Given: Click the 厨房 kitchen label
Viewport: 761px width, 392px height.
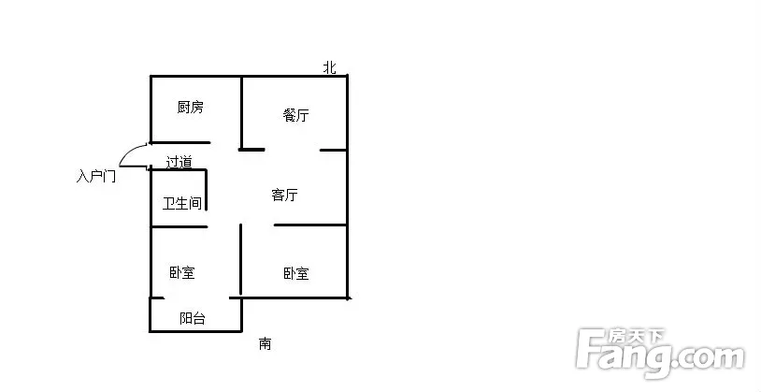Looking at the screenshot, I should pyautogui.click(x=190, y=108).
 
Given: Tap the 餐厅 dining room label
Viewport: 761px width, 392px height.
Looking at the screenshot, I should pyautogui.click(x=296, y=116).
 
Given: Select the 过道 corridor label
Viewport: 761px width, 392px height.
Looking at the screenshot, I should pyautogui.click(x=179, y=162).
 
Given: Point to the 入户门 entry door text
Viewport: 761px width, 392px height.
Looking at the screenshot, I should pyautogui.click(x=96, y=176).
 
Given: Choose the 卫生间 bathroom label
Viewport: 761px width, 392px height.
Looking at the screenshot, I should pyautogui.click(x=182, y=203).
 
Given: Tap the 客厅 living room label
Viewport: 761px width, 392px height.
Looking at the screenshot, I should pyautogui.click(x=284, y=196).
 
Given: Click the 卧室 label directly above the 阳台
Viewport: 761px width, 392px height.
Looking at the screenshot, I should pyautogui.click(x=182, y=273).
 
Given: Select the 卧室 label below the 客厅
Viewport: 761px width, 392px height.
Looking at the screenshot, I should pyautogui.click(x=296, y=274).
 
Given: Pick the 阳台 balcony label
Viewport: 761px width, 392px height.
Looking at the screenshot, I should pyautogui.click(x=193, y=319).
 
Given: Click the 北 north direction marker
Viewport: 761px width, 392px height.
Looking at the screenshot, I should pyautogui.click(x=329, y=67).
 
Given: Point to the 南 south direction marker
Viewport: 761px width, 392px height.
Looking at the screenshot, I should pyautogui.click(x=266, y=344).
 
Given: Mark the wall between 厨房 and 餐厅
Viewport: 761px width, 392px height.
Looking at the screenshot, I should pyautogui.click(x=242, y=110).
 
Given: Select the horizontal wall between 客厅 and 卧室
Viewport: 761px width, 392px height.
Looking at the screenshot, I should pyautogui.click(x=310, y=225).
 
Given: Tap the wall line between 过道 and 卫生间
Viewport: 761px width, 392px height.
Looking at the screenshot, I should pyautogui.click(x=178, y=170).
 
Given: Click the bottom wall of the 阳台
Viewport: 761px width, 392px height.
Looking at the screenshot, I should pyautogui.click(x=195, y=331).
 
